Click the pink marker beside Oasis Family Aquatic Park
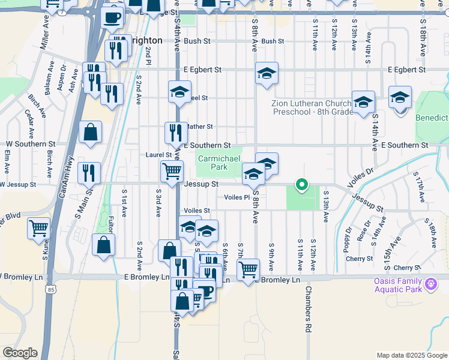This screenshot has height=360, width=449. coord(430,283)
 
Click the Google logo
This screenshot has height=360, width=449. coord(20,353)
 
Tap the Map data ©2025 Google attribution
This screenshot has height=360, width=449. coord(412,355)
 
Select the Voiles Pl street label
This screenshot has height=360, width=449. coord(237,197)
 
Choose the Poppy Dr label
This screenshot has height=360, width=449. coord(347,239)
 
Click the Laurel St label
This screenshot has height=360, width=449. coord(159,155)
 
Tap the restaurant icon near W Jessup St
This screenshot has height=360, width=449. coord(89,173)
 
